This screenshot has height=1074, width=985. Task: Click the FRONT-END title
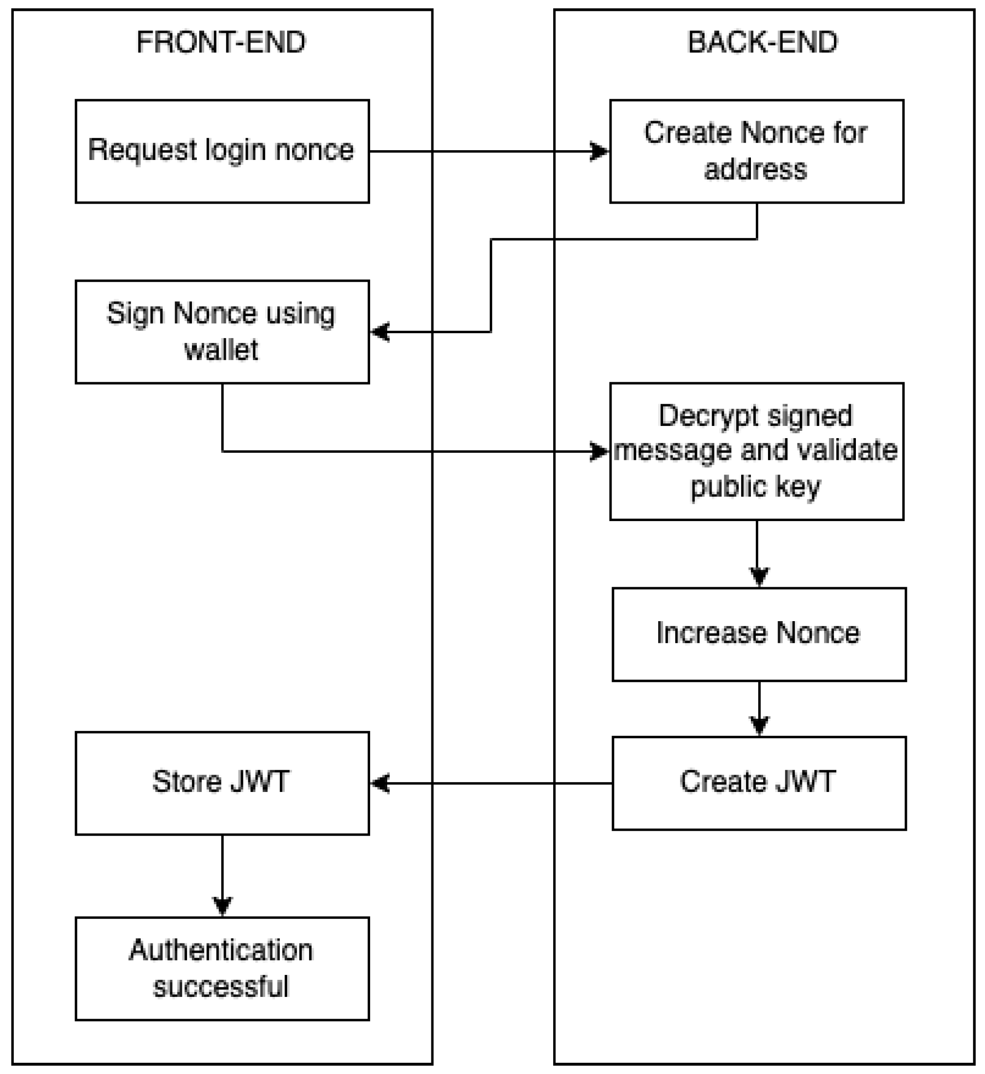pos(221,43)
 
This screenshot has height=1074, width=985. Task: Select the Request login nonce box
pos(222,151)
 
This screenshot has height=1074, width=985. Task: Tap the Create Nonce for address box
pos(756,151)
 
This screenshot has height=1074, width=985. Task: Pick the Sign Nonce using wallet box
pos(222,332)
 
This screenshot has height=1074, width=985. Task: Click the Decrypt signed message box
pos(756,452)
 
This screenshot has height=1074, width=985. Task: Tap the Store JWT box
pos(222,783)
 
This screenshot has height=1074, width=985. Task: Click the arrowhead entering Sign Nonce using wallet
pos(380,332)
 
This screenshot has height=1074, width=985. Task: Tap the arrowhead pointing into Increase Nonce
pos(759,577)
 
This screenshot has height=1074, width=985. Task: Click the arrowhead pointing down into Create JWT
pos(759,726)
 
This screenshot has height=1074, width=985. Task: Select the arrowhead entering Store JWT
pos(380,784)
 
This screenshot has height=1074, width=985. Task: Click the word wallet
pos(221,350)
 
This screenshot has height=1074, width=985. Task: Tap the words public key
pos(755,487)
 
